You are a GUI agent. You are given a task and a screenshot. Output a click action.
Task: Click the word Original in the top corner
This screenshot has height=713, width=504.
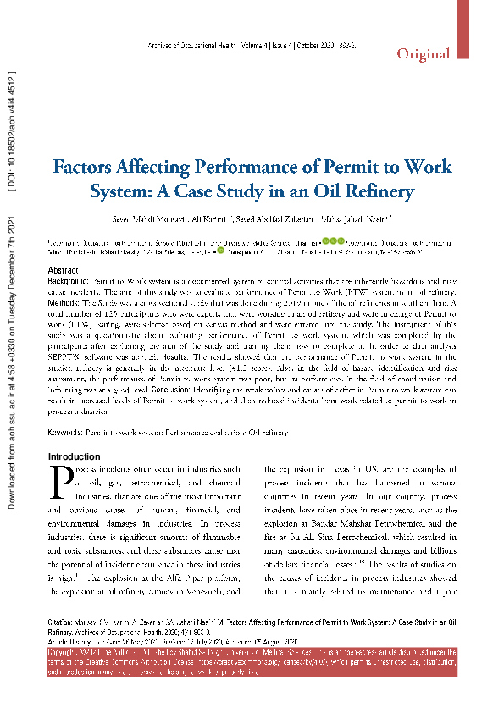424,54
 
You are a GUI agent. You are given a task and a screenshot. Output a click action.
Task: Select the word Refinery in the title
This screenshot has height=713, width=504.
375,190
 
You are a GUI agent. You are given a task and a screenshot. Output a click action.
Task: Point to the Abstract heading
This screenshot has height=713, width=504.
64,269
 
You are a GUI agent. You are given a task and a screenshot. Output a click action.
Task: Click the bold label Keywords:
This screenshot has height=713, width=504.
65,432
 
